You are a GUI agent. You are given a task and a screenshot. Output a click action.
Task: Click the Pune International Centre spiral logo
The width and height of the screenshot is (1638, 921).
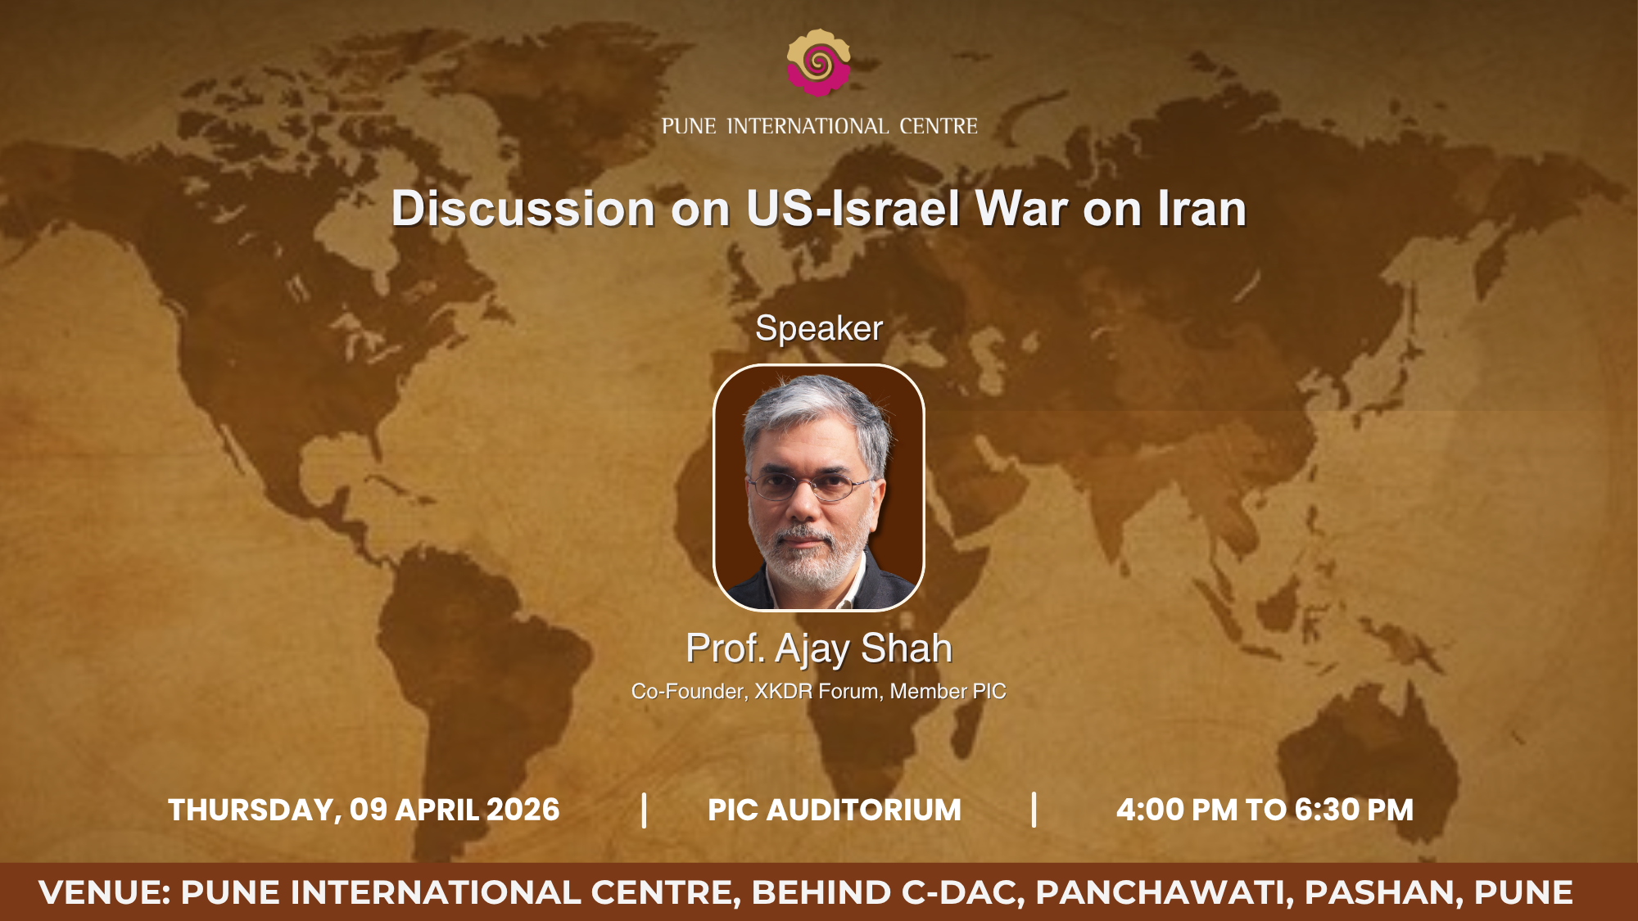click(818, 62)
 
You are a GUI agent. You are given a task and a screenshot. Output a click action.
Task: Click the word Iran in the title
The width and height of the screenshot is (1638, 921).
click(1201, 209)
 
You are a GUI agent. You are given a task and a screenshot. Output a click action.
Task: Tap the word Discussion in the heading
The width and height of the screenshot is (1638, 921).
click(523, 209)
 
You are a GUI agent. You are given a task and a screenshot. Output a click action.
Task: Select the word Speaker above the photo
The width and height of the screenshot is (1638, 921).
click(819, 329)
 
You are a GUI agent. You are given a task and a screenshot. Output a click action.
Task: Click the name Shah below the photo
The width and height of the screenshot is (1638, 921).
click(907, 648)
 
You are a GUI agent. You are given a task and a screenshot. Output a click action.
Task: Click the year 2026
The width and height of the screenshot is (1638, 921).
click(523, 810)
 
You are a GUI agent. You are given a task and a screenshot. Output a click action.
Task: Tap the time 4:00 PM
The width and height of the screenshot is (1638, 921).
click(1177, 810)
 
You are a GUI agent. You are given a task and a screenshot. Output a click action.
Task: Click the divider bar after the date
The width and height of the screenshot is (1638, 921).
click(645, 810)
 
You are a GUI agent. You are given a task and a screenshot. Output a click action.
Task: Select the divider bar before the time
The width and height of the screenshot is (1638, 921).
click(1034, 810)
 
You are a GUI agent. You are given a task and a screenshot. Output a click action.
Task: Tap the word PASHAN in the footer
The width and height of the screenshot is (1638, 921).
click(1383, 892)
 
